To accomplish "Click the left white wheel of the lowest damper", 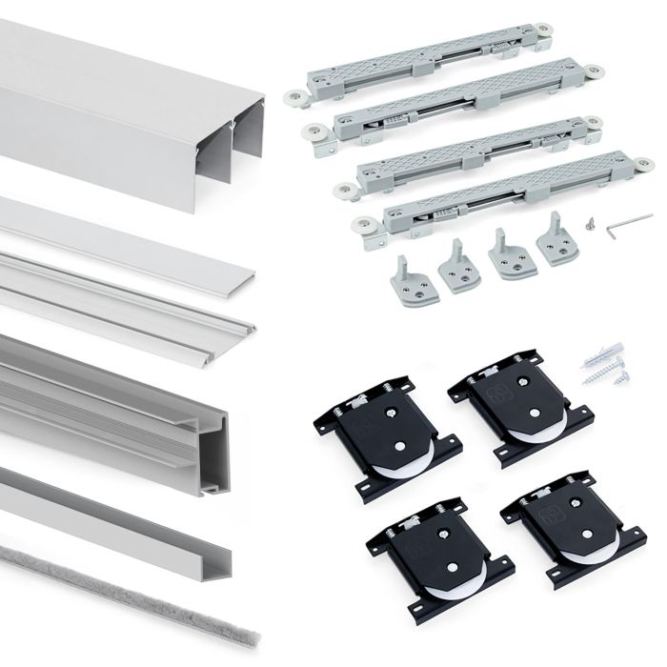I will pyautogui.click(x=363, y=226).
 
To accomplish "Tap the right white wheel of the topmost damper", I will pyautogui.click(x=543, y=32).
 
